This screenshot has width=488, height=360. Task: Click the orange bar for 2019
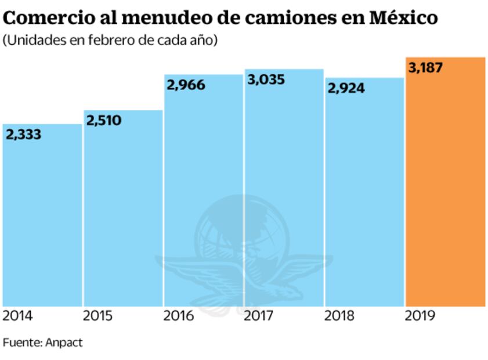(x=445, y=186)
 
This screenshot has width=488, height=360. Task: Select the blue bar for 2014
(x=42, y=221)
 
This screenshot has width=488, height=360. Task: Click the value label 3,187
(x=425, y=68)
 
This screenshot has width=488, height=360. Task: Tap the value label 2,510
(x=104, y=121)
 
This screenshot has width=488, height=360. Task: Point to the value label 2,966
(x=186, y=85)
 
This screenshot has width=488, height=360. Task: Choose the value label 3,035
(x=266, y=80)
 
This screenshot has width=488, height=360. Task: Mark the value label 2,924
(x=346, y=88)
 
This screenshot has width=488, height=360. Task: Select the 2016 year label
(x=179, y=316)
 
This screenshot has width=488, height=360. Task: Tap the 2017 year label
(x=259, y=316)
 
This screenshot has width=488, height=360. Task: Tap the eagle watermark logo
(x=244, y=255)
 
